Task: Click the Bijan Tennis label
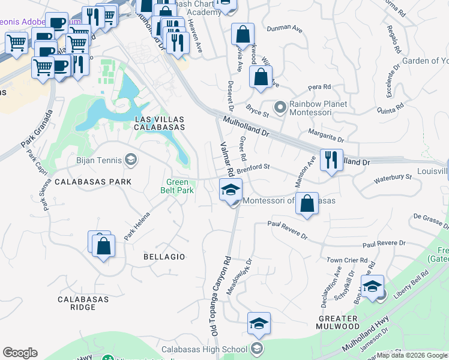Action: pyautogui.click(x=99, y=160)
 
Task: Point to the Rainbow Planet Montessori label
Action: pyautogui.click(x=319, y=108)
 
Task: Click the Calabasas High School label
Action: pyautogui.click(x=204, y=349)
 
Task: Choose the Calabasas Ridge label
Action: pyautogui.click(x=83, y=303)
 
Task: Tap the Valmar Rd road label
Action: pyautogui.click(x=223, y=159)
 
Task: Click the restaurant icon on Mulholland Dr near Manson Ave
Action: pyautogui.click(x=331, y=160)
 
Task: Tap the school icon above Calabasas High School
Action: pyautogui.click(x=259, y=323)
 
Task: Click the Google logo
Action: pyautogui.click(x=20, y=353)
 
